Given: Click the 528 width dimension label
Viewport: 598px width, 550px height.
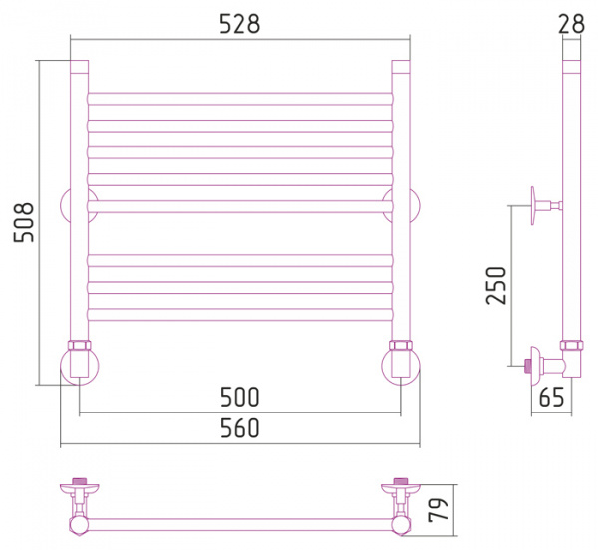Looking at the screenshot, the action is tap(240, 24).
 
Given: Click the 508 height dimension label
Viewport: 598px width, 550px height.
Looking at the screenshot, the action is tap(24, 222).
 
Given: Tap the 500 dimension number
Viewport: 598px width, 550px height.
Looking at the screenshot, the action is tap(240, 397).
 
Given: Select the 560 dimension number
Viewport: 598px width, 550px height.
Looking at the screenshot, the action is tap(240, 428).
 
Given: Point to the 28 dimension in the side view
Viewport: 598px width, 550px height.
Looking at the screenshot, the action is tap(571, 24).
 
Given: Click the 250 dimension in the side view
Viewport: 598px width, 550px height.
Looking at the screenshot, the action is tap(496, 285).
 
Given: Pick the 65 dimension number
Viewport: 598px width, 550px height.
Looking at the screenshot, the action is tap(551, 397).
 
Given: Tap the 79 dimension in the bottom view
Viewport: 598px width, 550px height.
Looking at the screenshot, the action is tap(438, 509).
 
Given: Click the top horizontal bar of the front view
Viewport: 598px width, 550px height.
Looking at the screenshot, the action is tap(240, 99).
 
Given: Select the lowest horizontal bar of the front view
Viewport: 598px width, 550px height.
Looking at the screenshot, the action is tap(240, 315).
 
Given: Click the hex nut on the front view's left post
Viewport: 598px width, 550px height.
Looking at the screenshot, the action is tap(80, 346).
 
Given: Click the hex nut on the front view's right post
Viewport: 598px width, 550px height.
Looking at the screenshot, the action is tap(401, 346).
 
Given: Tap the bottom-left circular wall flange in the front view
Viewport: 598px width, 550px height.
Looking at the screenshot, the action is tap(80, 366).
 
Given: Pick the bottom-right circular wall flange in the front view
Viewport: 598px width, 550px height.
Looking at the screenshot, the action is tap(401, 366).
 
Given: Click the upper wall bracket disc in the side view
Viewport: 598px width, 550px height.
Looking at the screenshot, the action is tap(533, 206).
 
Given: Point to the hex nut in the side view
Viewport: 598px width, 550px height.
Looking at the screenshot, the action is tap(572, 346).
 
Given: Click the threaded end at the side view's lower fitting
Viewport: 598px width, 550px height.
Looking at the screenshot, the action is tap(528, 366).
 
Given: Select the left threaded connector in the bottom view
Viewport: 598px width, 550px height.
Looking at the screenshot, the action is tap(80, 481).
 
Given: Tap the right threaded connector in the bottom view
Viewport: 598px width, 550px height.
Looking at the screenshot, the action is tap(401, 481).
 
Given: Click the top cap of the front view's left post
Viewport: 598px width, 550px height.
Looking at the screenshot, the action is tap(80, 67).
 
